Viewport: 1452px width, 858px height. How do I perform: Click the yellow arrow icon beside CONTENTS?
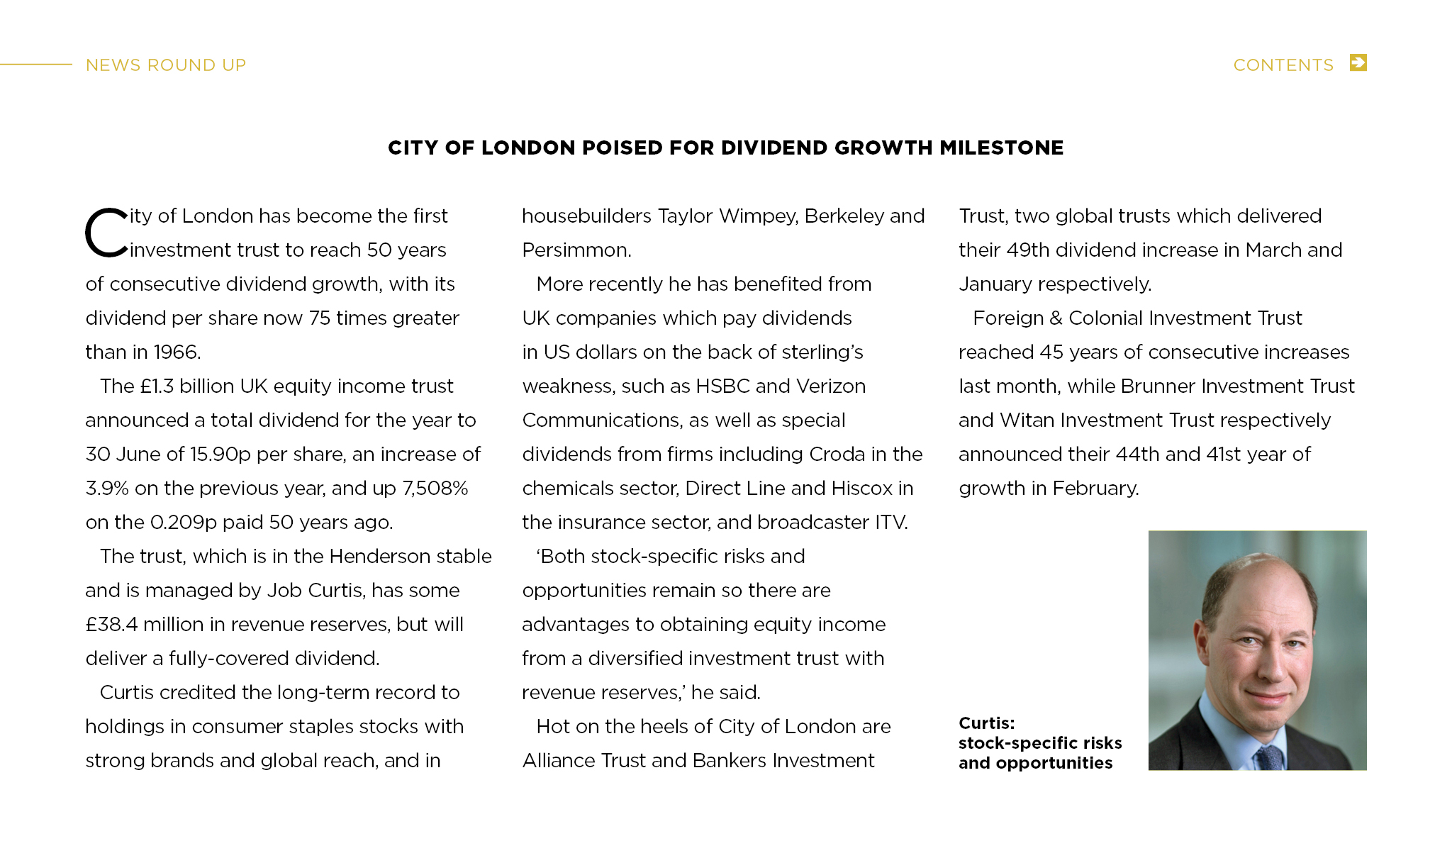click(x=1358, y=63)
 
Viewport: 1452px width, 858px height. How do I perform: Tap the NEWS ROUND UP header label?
click(x=165, y=65)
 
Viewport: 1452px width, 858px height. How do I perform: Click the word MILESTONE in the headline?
click(x=1001, y=147)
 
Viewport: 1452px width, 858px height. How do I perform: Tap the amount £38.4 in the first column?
click(x=111, y=625)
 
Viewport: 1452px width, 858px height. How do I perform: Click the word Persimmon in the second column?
click(x=575, y=250)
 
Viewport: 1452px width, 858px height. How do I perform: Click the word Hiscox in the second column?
click(x=861, y=489)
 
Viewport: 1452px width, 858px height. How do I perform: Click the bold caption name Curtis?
click(x=986, y=723)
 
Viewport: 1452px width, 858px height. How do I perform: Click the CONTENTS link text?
click(x=1283, y=65)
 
